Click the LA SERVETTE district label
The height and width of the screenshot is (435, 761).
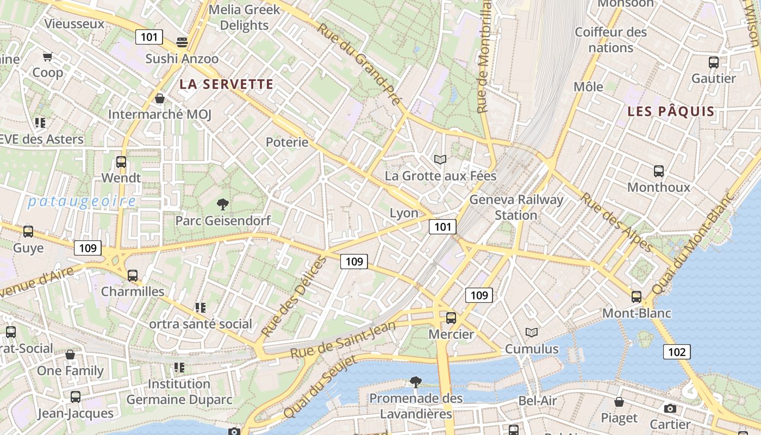[x=226, y=84]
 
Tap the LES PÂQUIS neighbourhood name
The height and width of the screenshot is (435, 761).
[x=671, y=112]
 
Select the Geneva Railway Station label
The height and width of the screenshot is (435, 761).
[x=516, y=207]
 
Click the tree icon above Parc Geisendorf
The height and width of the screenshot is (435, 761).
[x=222, y=204]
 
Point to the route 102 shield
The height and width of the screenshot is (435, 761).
[x=677, y=352]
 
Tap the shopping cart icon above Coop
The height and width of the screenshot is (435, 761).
[x=48, y=57]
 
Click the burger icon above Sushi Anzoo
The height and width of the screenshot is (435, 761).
[x=182, y=42]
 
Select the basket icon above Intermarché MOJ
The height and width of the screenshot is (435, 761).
[x=160, y=98]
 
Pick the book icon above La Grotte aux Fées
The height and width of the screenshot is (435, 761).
[x=440, y=160]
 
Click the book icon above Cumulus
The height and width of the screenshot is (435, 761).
[x=532, y=332]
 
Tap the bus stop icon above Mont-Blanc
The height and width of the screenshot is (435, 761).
[x=637, y=297]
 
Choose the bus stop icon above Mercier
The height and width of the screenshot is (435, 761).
[x=451, y=318]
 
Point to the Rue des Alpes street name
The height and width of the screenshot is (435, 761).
[x=616, y=222]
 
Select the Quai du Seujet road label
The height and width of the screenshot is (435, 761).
[x=320, y=387]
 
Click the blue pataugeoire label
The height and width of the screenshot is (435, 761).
[x=82, y=202]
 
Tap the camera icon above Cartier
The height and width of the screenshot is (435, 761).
[x=670, y=408]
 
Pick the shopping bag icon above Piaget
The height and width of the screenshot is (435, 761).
[x=619, y=402]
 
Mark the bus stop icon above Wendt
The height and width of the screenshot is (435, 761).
[x=121, y=161]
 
